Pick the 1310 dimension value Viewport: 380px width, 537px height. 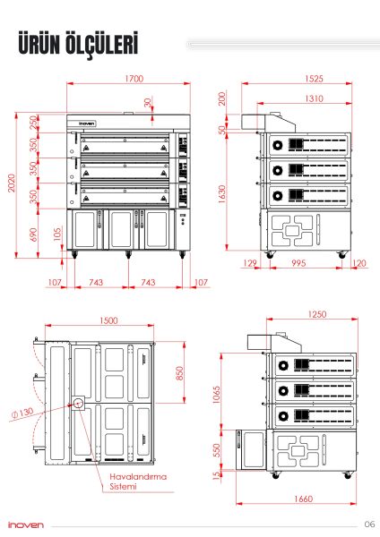coord(288,98)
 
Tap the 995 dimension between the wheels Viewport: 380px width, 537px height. coord(297,263)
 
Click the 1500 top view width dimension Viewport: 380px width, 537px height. coord(109,320)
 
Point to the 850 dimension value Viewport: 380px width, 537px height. coord(180,371)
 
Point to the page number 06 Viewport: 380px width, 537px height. coord(369,524)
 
